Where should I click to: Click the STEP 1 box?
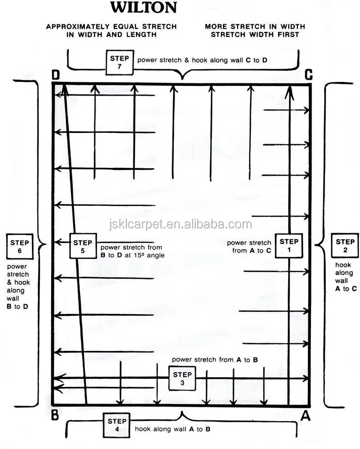(x=289, y=246)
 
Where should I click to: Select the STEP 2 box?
(x=345, y=246)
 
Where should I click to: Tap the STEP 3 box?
(x=182, y=379)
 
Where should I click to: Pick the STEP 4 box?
(x=117, y=425)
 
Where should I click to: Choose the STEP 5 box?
(x=83, y=246)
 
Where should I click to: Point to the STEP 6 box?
(x=20, y=247)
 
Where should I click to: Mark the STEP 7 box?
(x=119, y=62)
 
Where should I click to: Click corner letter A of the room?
(x=305, y=416)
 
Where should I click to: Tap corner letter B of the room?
(x=55, y=415)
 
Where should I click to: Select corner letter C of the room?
(x=308, y=75)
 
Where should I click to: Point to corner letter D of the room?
(x=56, y=75)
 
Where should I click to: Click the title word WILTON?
(x=144, y=8)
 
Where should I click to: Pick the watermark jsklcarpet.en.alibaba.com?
(x=181, y=224)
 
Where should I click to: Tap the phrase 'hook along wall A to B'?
(x=173, y=429)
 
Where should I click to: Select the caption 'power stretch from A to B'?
(x=215, y=360)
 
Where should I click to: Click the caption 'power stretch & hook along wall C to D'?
(x=202, y=60)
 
